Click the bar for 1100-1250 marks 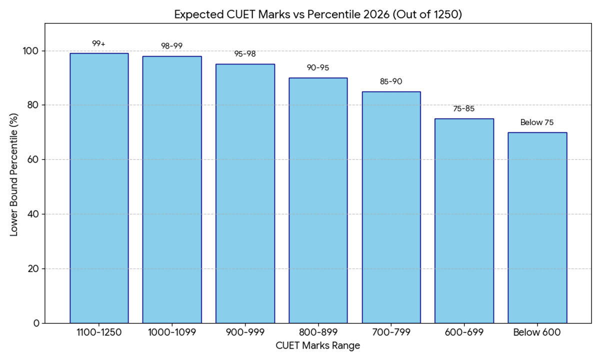click(99, 188)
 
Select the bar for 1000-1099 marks click(172, 189)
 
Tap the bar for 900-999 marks click(245, 193)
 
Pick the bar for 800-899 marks click(318, 200)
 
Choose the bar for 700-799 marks click(391, 207)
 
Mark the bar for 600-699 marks click(464, 220)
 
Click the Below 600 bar click(537, 227)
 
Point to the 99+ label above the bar click(99, 44)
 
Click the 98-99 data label click(172, 46)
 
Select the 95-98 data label click(245, 54)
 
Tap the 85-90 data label click(391, 81)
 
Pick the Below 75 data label click(537, 122)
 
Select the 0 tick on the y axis click(37, 323)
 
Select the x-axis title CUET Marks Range click(318, 346)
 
